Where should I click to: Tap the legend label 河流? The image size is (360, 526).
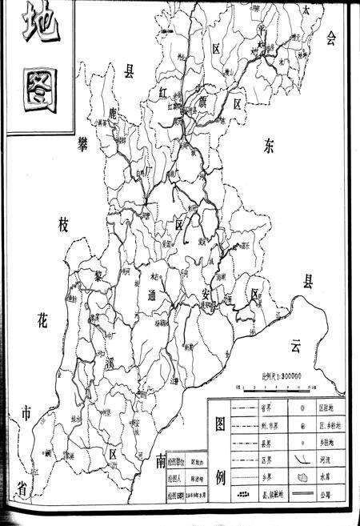coord(338,459)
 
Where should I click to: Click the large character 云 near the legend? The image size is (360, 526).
coord(297,346)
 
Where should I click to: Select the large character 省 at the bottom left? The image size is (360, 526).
coord(22,486)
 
